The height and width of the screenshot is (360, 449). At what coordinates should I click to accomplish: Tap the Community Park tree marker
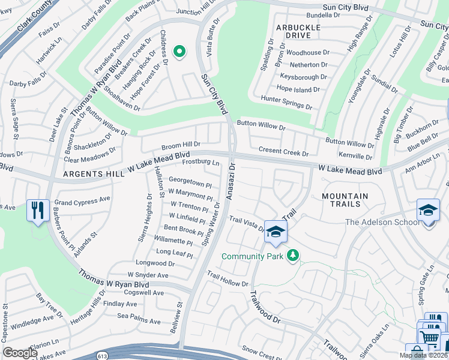(293, 256)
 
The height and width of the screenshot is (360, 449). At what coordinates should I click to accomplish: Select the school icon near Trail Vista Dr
(276, 232)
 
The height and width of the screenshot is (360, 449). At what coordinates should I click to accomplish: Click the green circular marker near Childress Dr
(179, 52)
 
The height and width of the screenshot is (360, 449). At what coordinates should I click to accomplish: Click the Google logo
(20, 353)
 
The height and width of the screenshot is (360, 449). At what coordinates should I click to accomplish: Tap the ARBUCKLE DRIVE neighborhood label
(294, 31)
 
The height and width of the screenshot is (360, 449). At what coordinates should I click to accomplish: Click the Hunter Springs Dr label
(286, 102)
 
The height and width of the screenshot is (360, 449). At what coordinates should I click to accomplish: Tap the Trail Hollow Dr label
(228, 279)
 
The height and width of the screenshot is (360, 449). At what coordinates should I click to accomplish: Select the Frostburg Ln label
(200, 162)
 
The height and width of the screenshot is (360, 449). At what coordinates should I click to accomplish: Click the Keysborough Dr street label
(303, 77)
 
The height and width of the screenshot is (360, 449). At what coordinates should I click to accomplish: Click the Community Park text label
(252, 256)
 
